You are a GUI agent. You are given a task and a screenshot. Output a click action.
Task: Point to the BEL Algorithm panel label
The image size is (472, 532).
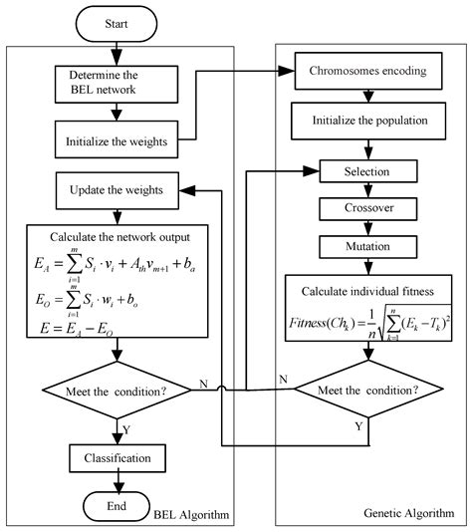[x=188, y=513]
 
